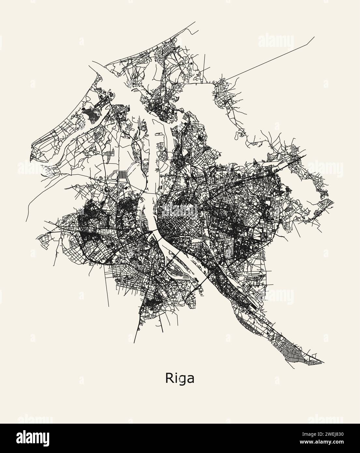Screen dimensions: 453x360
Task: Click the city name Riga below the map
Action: [x=180, y=378]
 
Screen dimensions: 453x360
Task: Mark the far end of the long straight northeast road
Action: [x=314, y=37]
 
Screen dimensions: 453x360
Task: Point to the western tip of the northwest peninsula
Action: [x=30, y=160]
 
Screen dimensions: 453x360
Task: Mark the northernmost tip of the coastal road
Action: [x=195, y=22]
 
